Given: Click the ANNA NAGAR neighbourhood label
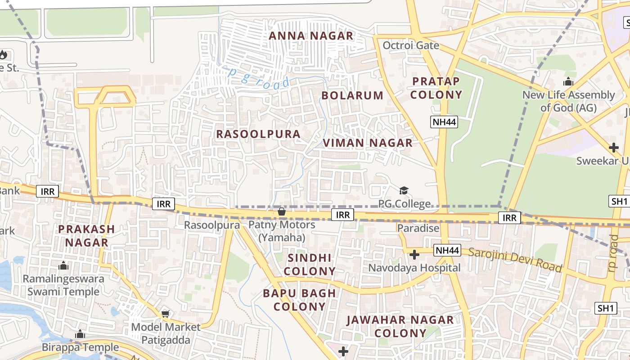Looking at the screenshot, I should [x=311, y=36].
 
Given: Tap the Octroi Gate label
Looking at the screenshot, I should [x=410, y=45].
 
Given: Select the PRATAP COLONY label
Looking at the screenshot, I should [x=436, y=88].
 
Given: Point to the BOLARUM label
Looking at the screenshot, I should [x=352, y=95].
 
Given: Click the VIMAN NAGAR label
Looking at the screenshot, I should [x=367, y=143].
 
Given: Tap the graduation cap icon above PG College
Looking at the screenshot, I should [x=404, y=191].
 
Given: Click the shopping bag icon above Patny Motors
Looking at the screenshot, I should [x=282, y=211].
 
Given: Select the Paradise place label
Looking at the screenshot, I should [x=418, y=228].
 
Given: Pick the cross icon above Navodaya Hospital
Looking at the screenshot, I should [x=414, y=255].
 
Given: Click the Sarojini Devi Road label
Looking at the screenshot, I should [x=515, y=260].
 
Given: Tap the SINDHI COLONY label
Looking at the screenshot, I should [x=310, y=265].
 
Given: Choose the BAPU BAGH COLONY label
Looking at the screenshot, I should [x=299, y=300].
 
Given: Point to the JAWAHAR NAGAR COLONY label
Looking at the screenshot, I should [x=400, y=327].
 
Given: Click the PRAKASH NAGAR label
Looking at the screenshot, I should [x=86, y=235].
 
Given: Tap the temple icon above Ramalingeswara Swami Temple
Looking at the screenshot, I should [x=63, y=265].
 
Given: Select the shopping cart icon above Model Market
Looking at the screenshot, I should [x=166, y=313].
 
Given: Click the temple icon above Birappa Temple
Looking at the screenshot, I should [x=80, y=334].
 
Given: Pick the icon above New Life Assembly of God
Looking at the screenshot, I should [x=568, y=82].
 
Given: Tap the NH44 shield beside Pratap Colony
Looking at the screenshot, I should [x=444, y=122].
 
